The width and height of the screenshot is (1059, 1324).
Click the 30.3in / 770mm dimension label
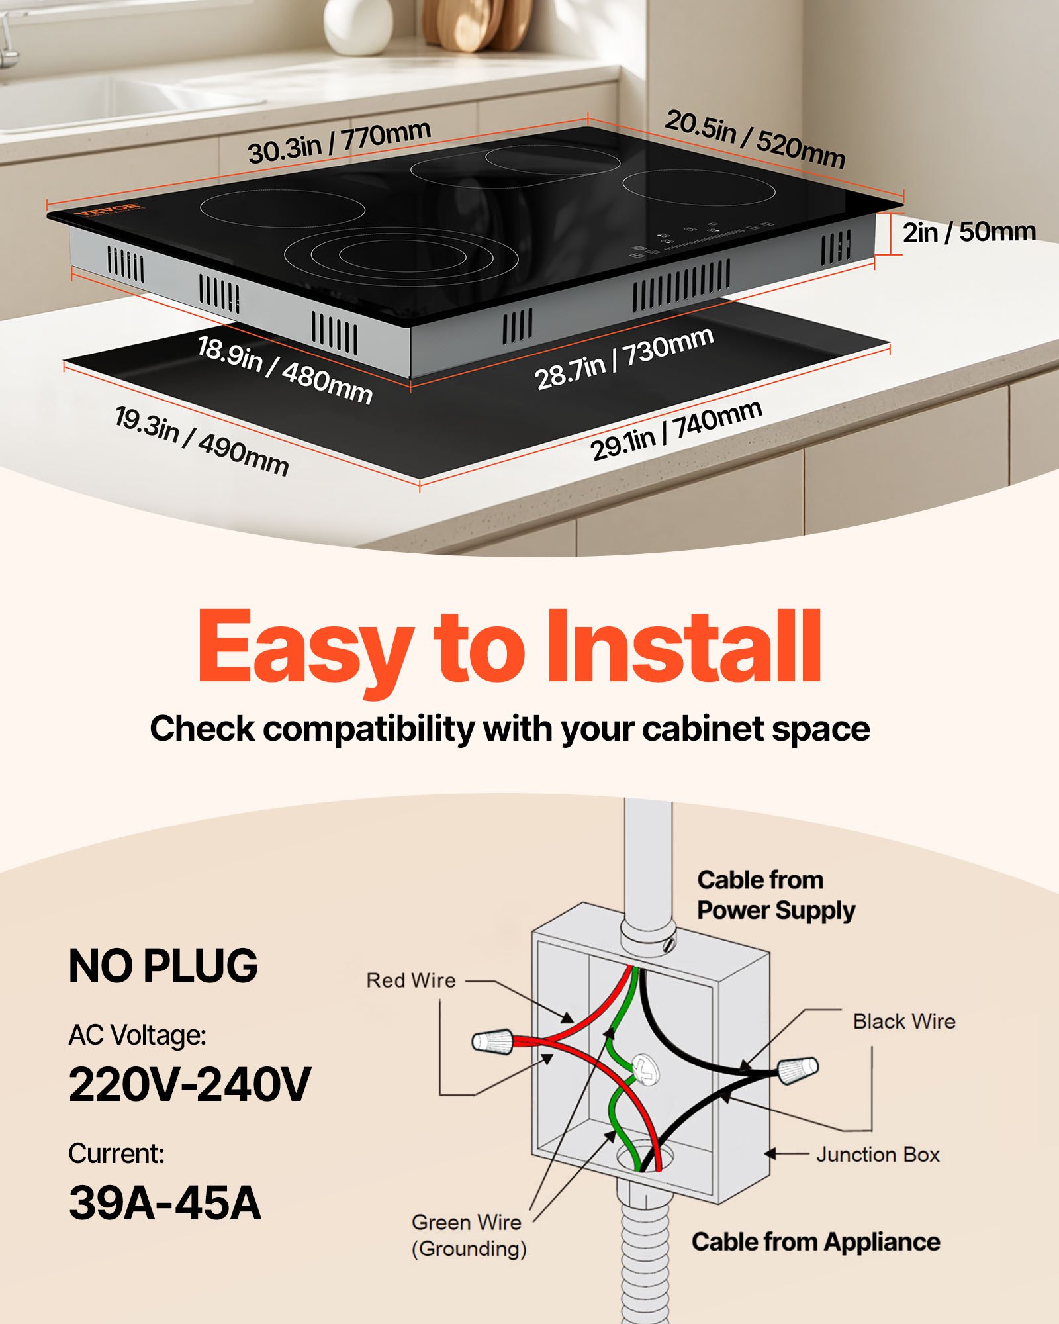(339, 142)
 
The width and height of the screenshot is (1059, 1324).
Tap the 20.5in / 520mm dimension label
(755, 140)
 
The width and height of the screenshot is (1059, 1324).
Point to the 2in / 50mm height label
(969, 232)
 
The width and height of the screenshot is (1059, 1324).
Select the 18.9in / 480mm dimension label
(285, 369)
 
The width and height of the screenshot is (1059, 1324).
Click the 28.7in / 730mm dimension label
(623, 358)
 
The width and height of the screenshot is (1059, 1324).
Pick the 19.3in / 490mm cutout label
(201, 441)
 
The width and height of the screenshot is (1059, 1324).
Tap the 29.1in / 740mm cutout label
(676, 430)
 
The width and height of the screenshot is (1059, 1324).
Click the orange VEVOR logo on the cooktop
(107, 209)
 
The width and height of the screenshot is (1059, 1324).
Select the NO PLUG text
(163, 967)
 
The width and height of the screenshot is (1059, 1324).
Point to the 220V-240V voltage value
(189, 1084)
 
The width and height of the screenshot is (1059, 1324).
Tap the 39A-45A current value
(165, 1202)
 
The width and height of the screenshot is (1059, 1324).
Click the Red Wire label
(411, 980)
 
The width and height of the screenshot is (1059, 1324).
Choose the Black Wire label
(903, 1021)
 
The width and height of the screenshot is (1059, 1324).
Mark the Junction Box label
(878, 1155)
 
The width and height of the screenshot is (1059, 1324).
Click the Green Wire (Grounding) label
(469, 1235)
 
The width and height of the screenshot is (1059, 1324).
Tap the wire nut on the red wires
(493, 1041)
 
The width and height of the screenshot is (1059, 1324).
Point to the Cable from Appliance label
(815, 1242)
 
